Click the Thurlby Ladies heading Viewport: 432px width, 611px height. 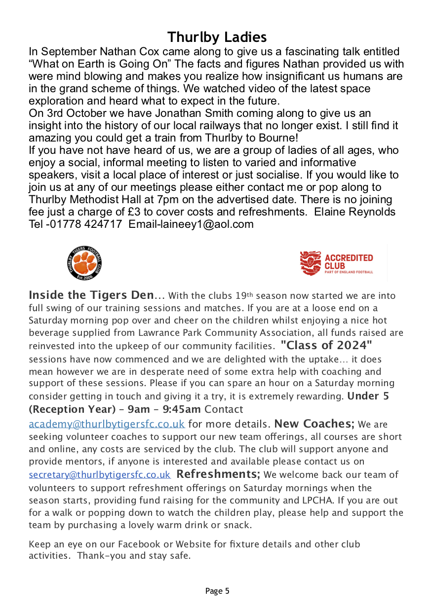pos(217,37)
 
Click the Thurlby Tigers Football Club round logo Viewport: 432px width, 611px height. pos(84,262)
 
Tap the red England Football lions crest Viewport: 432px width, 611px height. pos(310,263)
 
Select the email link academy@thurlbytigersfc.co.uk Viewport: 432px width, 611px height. pos(107,424)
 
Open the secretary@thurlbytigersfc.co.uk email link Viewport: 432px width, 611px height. pos(100,475)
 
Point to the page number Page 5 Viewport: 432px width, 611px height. pos(217,591)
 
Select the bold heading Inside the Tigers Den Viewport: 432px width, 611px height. pos(91,295)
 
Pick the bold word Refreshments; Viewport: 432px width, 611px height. pos(218,474)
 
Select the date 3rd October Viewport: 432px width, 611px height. pos(74,113)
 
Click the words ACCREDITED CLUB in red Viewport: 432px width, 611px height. pos(349,261)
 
